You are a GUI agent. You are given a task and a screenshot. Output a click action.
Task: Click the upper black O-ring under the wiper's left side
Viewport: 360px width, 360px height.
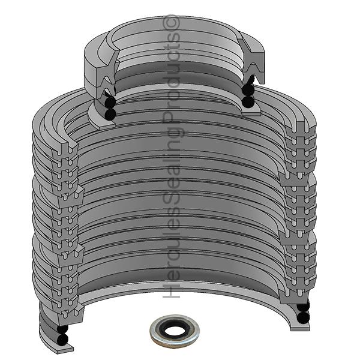108,102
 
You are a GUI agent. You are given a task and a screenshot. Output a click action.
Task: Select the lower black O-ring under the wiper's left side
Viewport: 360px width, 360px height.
109,113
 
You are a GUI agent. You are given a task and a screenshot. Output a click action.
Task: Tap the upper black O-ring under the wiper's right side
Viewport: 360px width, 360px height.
248,91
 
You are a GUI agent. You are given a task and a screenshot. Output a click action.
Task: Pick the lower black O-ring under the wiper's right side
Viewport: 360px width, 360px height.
248,102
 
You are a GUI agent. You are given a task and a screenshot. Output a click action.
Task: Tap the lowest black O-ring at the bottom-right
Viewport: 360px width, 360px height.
303,317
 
